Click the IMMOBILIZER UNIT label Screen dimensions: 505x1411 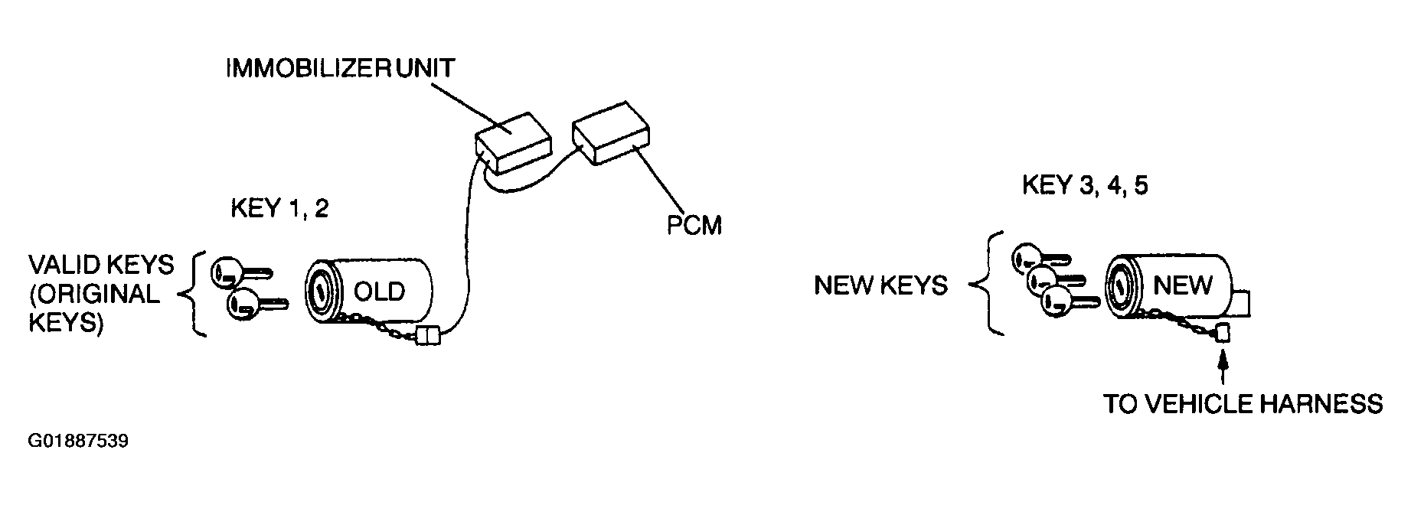[340, 67]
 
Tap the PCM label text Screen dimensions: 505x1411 [693, 226]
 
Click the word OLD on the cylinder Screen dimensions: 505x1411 [379, 292]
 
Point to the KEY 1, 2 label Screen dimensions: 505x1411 [279, 209]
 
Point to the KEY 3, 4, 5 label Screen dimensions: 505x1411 [1084, 186]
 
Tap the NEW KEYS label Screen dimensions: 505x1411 [880, 286]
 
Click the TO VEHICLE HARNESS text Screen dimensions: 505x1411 [1243, 403]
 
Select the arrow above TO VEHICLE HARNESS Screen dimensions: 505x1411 [1223, 366]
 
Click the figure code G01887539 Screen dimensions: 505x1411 [78, 441]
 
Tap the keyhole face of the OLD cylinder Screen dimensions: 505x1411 [321, 292]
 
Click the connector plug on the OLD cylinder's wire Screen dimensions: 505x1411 [426, 335]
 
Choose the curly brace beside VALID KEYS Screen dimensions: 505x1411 [196, 294]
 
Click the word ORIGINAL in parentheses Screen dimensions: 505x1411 [93, 295]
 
